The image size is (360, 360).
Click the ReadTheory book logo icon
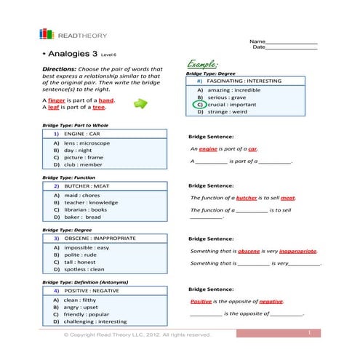pos(47,34)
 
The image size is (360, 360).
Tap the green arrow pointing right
pos(140,105)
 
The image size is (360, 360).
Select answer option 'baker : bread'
pos(82,217)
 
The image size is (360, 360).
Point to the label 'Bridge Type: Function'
pos(68,177)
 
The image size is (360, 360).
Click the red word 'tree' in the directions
pos(99,108)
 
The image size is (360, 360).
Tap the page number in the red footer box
pos(309,332)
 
